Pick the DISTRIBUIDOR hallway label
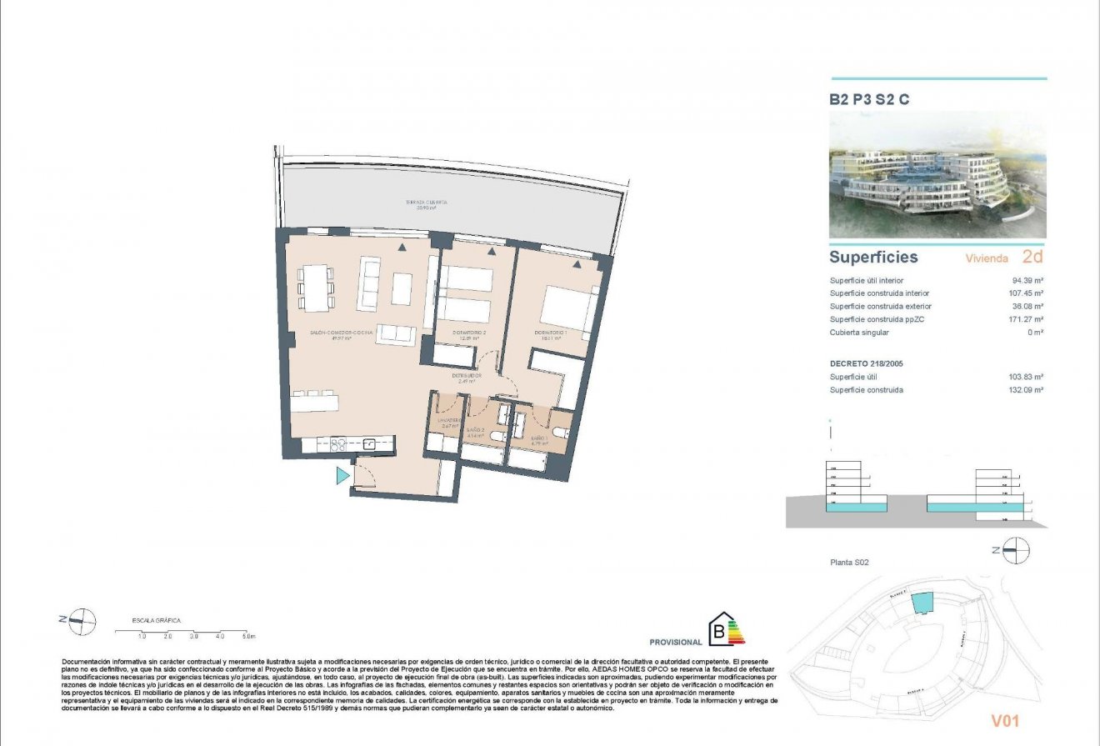pyautogui.click(x=467, y=377)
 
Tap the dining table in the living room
pyautogui.click(x=316, y=288)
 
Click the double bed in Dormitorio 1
pyautogui.click(x=569, y=307)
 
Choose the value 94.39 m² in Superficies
pyautogui.click(x=1027, y=281)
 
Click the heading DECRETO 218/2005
pyautogui.click(x=866, y=364)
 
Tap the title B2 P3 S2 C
pyautogui.click(x=868, y=99)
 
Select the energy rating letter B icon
pyautogui.click(x=717, y=631)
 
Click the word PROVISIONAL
pyautogui.click(x=676, y=643)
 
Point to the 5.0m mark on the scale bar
pyautogui.click(x=248, y=636)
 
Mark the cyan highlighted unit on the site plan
pyautogui.click(x=921, y=602)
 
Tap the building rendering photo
pyautogui.click(x=937, y=176)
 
